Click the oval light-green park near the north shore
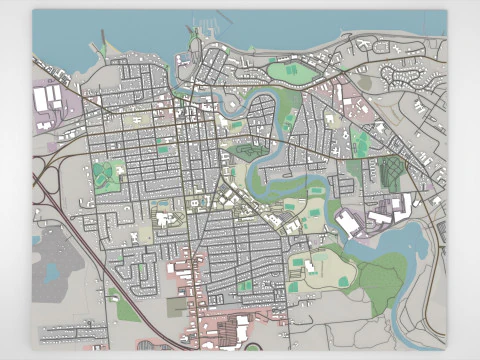pyautogui.click(x=291, y=71)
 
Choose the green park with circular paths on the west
pyautogui.click(x=107, y=175)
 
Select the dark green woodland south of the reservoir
pyautogui.click(x=378, y=285)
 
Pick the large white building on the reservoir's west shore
pyautogui.click(x=347, y=223)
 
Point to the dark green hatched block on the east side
pyautogui.click(x=391, y=172)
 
